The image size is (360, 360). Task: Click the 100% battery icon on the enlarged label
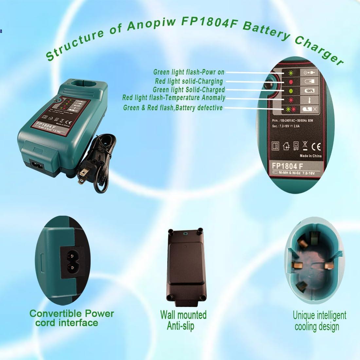click(309, 90)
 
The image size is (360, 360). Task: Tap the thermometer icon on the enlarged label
click(309, 100)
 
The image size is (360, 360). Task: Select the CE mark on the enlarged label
click(316, 146)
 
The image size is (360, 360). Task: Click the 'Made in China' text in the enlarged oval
click(311, 156)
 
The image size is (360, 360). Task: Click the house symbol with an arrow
click(286, 146)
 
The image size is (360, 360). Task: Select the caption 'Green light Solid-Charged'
click(189, 90)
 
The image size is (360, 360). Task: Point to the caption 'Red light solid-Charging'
click(189, 81)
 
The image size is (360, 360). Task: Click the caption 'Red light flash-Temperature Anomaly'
click(174, 98)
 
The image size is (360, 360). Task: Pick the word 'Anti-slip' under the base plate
click(180, 326)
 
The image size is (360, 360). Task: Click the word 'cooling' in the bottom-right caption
click(308, 326)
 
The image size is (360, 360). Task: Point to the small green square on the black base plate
click(185, 234)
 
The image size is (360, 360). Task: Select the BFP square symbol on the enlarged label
click(296, 145)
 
